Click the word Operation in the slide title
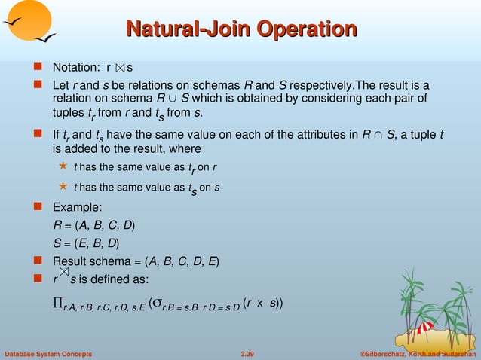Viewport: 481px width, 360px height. tap(307, 29)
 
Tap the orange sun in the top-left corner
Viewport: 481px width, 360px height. tap(26, 19)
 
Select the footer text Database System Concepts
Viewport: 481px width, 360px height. tap(48, 353)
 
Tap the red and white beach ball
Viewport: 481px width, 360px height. tap(424, 328)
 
